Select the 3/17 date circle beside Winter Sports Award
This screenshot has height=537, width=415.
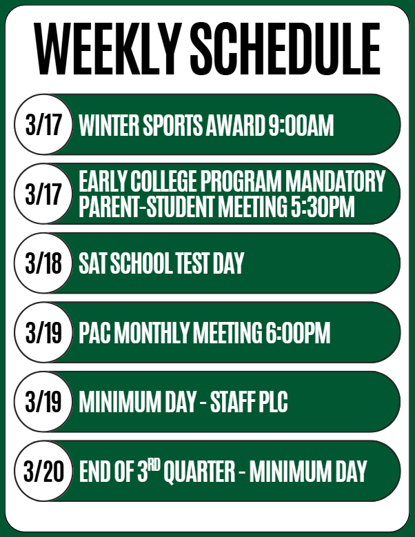[43, 125]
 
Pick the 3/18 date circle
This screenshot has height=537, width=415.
[43, 263]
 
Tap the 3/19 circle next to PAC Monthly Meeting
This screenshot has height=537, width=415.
[43, 333]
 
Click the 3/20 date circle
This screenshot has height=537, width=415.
[43, 472]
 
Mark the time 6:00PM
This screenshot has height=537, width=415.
[298, 334]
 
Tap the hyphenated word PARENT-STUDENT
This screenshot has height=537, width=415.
[144, 207]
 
